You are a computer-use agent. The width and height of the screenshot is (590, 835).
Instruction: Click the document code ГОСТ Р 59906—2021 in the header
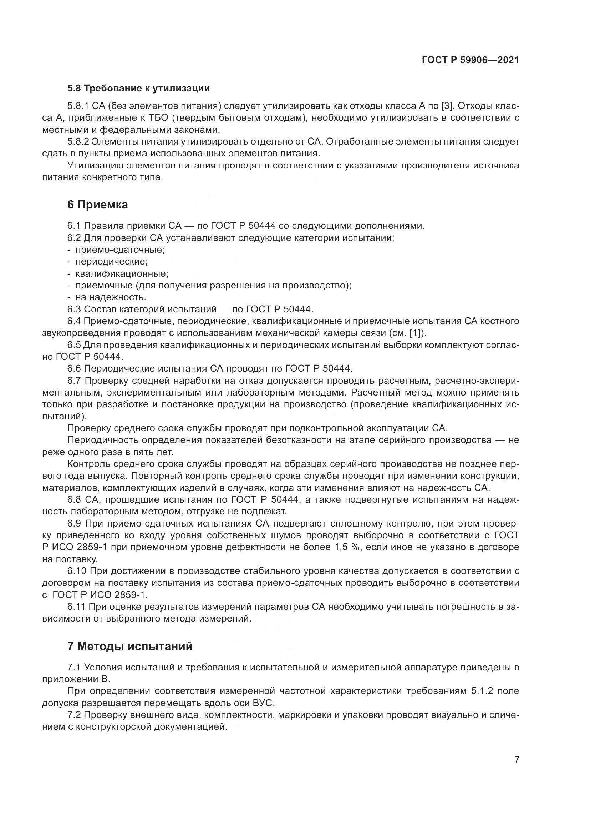click(470, 60)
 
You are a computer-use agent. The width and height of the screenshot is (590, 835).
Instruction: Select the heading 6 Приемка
click(97, 205)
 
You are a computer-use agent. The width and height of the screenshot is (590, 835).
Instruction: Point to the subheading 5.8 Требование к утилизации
click(138, 89)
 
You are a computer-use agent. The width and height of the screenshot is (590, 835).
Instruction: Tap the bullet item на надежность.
click(111, 297)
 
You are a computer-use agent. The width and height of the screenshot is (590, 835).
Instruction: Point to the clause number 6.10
click(76, 571)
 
